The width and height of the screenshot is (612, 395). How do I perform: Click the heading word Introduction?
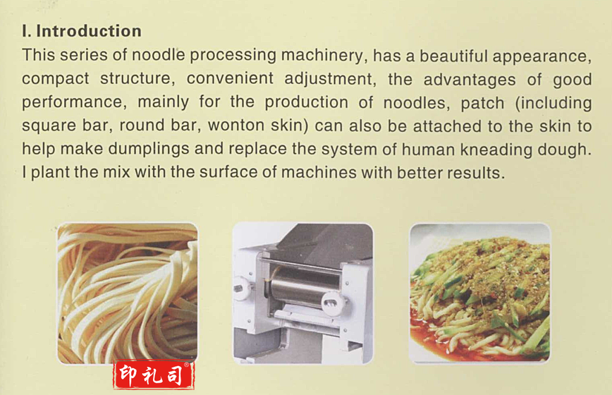pos(89,31)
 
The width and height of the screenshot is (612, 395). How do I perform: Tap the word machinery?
pos(322,56)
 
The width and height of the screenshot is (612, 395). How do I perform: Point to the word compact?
pos(56,79)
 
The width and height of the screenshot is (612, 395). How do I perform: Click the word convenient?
pos(230,78)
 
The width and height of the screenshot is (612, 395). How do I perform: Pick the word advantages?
pos(470,80)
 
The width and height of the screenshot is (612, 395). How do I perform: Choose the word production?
pos(307,102)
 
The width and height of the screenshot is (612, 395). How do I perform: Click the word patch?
pos(482,104)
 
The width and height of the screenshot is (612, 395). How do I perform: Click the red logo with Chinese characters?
pos(154,375)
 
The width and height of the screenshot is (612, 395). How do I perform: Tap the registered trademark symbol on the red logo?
pos(187,365)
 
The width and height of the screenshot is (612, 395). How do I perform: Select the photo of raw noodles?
pos(127,293)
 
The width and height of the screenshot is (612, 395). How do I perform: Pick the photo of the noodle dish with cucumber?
pos(479,293)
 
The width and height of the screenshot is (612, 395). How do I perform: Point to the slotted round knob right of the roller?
pos(333,303)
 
